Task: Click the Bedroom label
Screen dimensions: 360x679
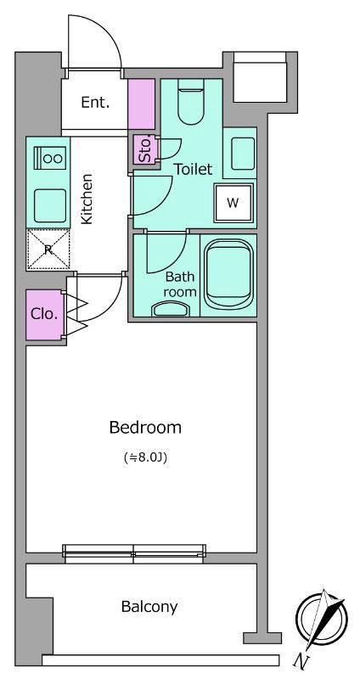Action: (x=145, y=428)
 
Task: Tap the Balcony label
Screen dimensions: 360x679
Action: (x=149, y=607)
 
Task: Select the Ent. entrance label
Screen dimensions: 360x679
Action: (x=95, y=103)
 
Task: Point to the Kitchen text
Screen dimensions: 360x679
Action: (x=87, y=199)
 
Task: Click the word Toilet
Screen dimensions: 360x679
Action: (x=194, y=169)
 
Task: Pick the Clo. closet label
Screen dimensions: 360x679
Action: (x=44, y=314)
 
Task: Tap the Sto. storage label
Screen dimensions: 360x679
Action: (x=144, y=150)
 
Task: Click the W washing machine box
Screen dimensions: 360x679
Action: (x=233, y=203)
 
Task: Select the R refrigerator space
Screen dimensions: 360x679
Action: (x=48, y=250)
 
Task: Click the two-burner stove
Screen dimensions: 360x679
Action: (x=50, y=158)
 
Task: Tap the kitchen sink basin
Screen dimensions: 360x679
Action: (x=50, y=205)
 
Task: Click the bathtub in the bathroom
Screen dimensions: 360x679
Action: (x=228, y=275)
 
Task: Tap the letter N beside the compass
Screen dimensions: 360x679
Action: (x=299, y=660)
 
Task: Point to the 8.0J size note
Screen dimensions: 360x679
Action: (x=145, y=457)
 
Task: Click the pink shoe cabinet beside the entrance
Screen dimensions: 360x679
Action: (x=141, y=104)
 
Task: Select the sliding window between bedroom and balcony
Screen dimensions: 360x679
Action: (x=134, y=553)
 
